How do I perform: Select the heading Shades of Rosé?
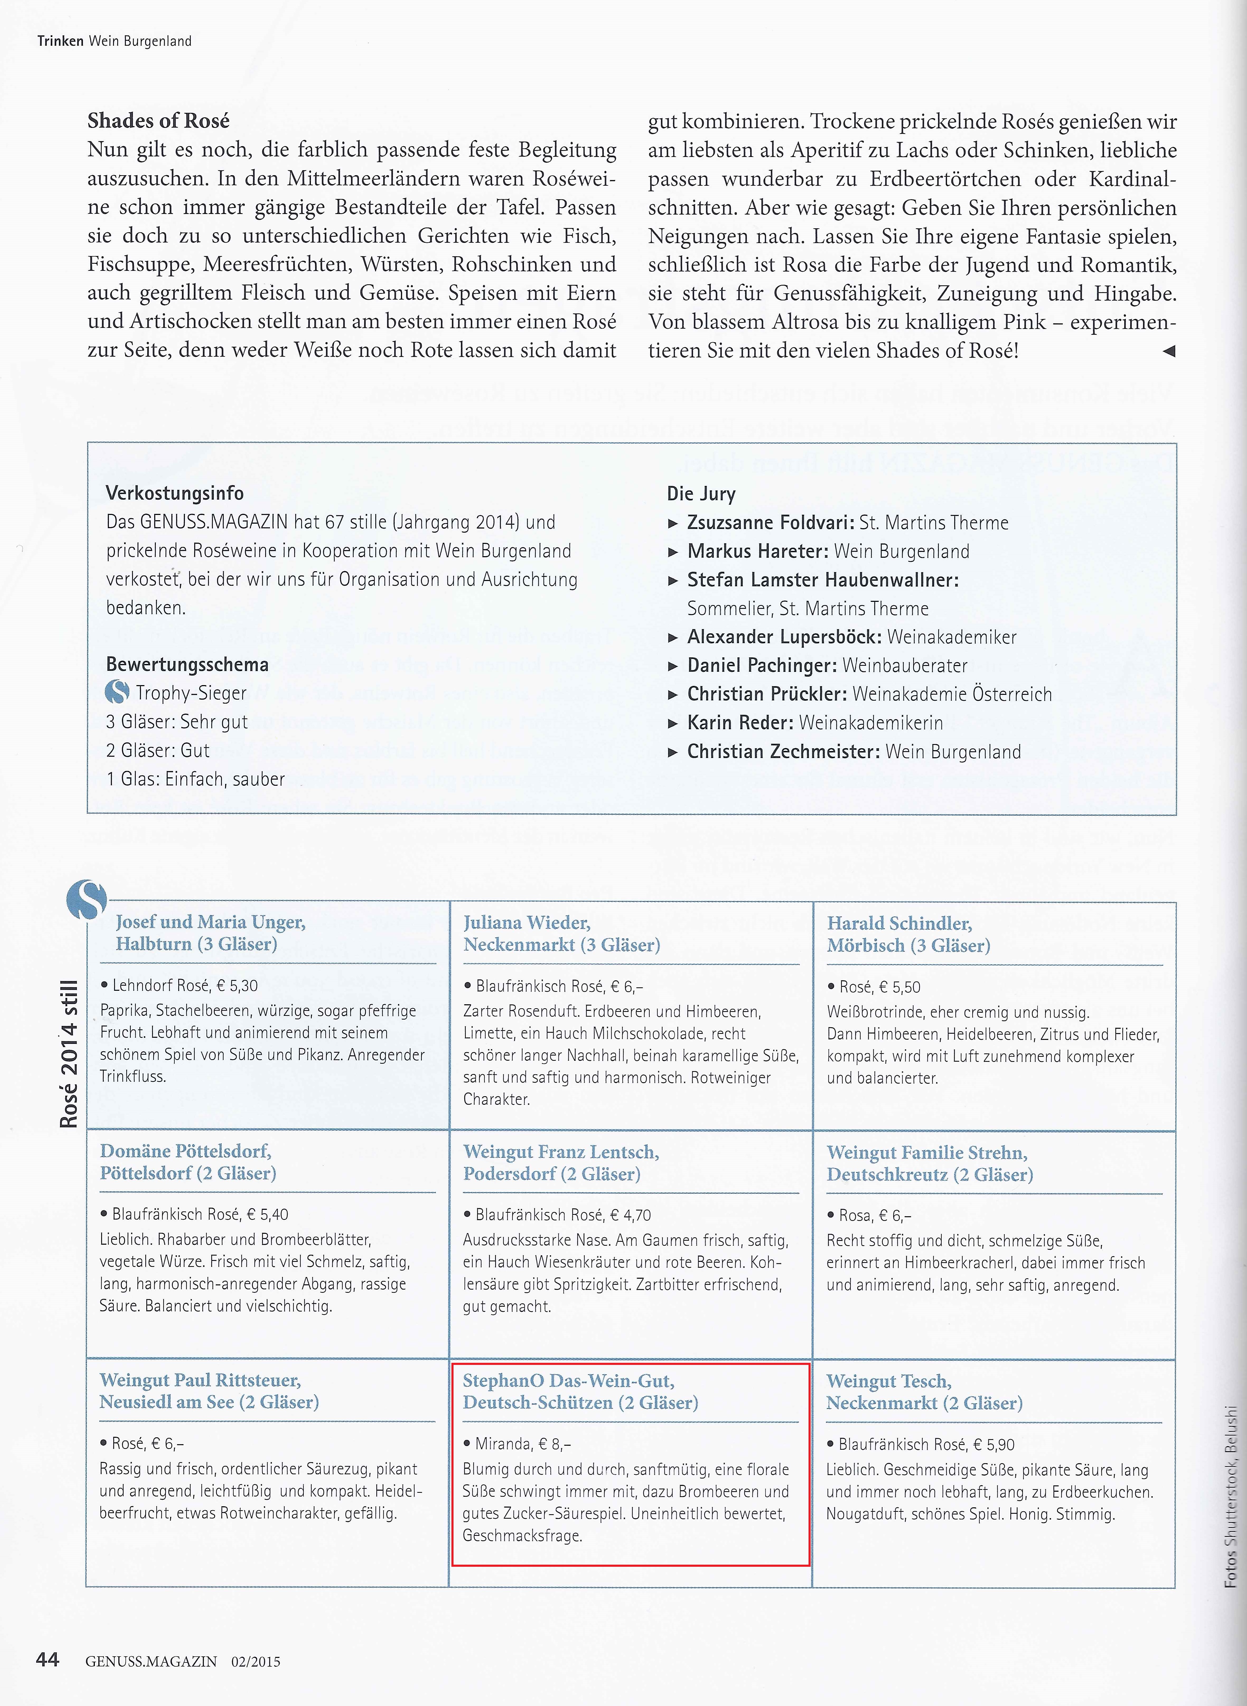pyautogui.click(x=158, y=121)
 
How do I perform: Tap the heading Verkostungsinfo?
pyautogui.click(x=174, y=493)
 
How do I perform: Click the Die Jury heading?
pyautogui.click(x=700, y=494)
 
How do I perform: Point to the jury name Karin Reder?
pyautogui.click(x=740, y=722)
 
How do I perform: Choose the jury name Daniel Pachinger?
pyautogui.click(x=761, y=665)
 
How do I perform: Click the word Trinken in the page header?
pyautogui.click(x=60, y=41)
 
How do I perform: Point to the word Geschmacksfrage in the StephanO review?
pyautogui.click(x=522, y=1535)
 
